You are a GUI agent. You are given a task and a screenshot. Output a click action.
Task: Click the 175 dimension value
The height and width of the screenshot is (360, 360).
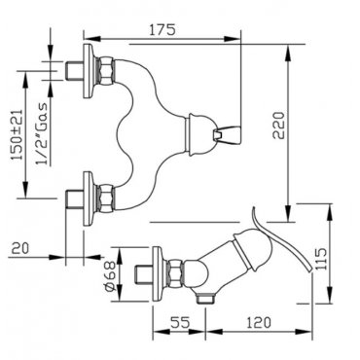coord(162,29)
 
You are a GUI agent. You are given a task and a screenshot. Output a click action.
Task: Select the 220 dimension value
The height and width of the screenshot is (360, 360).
coord(278,126)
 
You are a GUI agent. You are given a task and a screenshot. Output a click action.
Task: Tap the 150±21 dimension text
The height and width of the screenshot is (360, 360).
coord(18,134)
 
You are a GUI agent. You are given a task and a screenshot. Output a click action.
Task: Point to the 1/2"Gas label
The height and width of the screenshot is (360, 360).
coord(42,133)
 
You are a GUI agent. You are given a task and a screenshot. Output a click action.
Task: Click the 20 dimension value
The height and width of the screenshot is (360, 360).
coord(20,248)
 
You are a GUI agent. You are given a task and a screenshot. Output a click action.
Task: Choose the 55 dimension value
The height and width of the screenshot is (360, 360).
coord(180,322)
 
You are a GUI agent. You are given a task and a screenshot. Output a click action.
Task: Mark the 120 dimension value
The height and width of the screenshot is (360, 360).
coord(258,322)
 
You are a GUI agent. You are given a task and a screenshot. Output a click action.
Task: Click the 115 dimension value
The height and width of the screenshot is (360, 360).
coord(321,259)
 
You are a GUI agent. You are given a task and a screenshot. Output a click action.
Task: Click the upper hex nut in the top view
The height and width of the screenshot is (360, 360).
coord(106,70)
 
